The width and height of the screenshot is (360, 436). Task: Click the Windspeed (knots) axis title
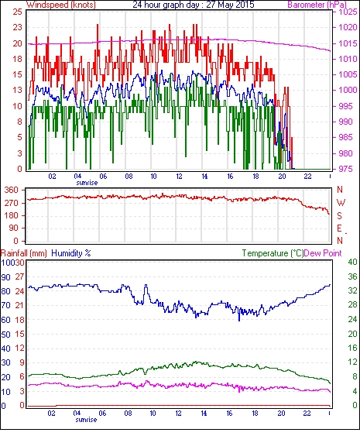61,5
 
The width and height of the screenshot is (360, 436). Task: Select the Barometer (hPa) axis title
317,5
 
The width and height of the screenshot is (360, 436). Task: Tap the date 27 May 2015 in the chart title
230,5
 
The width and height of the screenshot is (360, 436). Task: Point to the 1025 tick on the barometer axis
348,12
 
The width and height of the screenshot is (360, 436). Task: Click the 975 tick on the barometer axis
347,169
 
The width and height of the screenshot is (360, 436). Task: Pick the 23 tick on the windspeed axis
17,28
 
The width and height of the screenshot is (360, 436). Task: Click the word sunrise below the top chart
87,183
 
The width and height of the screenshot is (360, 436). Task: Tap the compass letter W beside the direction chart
341,203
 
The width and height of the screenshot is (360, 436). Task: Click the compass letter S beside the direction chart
339,215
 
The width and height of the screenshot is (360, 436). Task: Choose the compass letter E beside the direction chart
339,228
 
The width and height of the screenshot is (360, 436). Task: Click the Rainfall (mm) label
24,253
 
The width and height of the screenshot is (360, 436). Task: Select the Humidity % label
71,253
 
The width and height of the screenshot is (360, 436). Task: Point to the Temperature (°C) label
273,253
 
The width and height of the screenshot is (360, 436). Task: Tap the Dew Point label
323,253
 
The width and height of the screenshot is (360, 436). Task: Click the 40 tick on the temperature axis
352,262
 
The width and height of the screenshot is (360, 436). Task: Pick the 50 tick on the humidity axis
6,335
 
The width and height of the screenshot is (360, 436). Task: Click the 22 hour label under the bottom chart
307,414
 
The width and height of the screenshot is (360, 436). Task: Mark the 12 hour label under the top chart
179,177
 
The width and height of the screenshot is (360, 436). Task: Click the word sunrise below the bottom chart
86,419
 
